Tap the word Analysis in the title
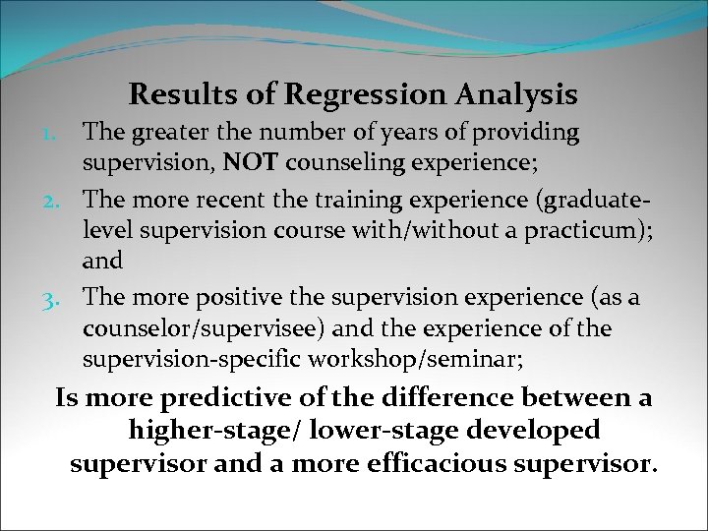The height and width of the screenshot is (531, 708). [x=518, y=95]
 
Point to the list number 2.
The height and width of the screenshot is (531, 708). [x=63, y=201]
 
